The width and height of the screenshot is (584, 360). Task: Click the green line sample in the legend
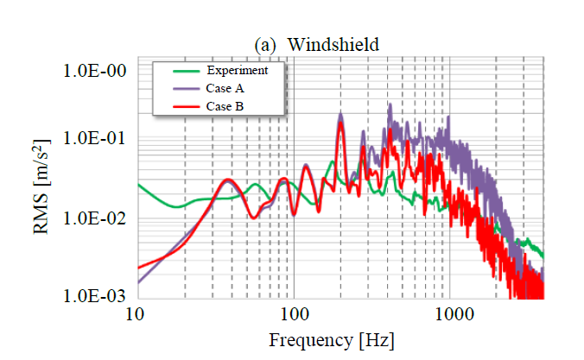[178, 71]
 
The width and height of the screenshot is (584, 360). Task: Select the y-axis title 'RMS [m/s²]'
[46, 186]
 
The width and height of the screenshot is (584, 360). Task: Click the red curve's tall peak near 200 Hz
[341, 123]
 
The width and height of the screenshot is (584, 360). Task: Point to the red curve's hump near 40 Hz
[226, 180]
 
